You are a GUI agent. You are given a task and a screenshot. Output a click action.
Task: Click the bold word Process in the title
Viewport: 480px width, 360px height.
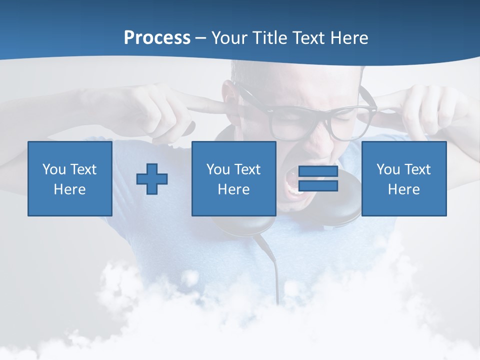point(157,38)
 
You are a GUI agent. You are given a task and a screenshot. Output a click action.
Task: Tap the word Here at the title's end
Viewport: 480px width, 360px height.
point(348,38)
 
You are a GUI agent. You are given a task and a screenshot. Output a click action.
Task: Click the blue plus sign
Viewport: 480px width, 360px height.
point(152,178)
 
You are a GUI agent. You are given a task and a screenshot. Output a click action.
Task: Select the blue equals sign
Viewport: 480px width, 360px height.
point(318,178)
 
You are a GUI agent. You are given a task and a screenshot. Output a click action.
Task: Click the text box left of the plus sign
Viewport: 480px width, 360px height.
point(70,178)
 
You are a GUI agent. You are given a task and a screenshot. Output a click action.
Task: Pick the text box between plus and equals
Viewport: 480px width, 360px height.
point(233,178)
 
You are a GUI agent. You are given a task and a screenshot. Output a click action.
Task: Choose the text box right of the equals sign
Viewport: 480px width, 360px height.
point(403,178)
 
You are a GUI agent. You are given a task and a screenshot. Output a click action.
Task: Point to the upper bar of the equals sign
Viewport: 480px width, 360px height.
point(318,171)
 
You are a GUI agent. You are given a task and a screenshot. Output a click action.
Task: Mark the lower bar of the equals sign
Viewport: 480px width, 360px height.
point(318,186)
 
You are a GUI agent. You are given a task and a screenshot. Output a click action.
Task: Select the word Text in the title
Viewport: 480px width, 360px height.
point(307,38)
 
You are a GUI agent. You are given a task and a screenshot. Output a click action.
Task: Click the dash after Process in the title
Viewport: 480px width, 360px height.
point(201,38)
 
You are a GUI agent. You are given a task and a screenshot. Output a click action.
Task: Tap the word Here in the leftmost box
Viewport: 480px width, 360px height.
point(70,189)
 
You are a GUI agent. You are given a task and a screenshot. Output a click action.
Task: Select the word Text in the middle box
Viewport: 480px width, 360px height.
point(247,169)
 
